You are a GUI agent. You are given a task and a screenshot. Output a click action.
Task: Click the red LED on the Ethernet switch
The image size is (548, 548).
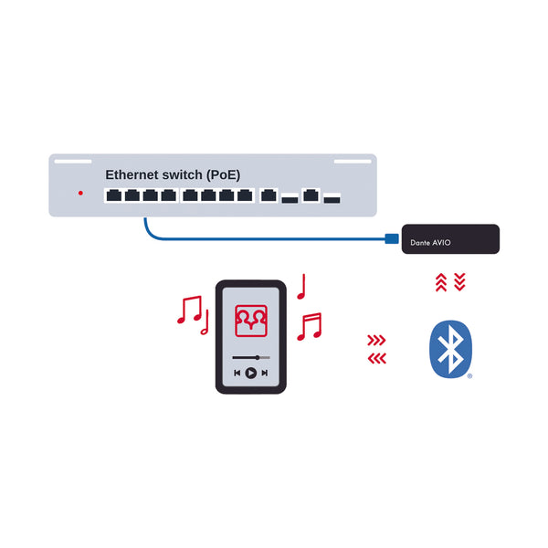pyautogui.click(x=80, y=194)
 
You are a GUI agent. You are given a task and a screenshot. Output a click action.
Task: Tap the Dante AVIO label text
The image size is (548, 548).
pyautogui.click(x=431, y=244)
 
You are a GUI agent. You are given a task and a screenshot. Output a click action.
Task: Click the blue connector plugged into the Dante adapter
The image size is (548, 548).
pyautogui.click(x=392, y=239)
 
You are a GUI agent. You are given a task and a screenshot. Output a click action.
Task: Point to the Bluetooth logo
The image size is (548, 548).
pyautogui.click(x=449, y=348)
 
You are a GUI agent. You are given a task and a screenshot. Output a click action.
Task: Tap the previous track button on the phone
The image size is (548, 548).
pyautogui.click(x=237, y=373)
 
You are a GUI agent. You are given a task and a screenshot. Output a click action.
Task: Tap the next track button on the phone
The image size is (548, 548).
pyautogui.click(x=264, y=373)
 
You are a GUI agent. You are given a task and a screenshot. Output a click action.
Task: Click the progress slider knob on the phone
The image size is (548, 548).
pyautogui.click(x=258, y=356)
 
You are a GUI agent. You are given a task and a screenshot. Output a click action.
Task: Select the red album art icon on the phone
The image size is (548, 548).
pyautogui.click(x=251, y=320)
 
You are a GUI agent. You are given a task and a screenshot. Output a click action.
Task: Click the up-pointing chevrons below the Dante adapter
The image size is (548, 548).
pyautogui.click(x=441, y=282)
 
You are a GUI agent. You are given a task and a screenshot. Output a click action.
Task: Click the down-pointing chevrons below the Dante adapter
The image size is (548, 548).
pyautogui.click(x=459, y=282)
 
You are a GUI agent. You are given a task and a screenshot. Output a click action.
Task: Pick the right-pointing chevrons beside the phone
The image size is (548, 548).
pyautogui.click(x=376, y=341)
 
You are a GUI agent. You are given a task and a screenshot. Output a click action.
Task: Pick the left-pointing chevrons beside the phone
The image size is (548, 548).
pyautogui.click(x=376, y=358)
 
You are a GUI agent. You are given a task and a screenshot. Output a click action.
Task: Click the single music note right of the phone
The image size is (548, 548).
pyautogui.click(x=300, y=287)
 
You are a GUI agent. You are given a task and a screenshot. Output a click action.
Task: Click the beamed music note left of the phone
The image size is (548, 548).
pyautogui.click(x=189, y=311)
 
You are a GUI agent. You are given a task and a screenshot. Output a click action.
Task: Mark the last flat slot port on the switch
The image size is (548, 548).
pyautogui.click(x=332, y=198)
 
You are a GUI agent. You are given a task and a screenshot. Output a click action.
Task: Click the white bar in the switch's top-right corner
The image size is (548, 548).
pyautogui.click(x=353, y=162)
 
